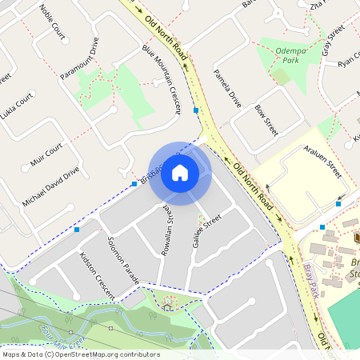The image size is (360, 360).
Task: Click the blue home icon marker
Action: (180, 172)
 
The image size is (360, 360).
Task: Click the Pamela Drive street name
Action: (227, 89)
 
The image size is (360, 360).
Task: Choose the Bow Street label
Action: (266, 118)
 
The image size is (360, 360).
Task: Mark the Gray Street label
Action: (332, 39)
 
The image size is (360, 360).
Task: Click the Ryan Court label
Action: (350, 62)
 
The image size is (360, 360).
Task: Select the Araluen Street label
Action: (324, 162)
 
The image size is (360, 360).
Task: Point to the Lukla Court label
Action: (18, 105)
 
